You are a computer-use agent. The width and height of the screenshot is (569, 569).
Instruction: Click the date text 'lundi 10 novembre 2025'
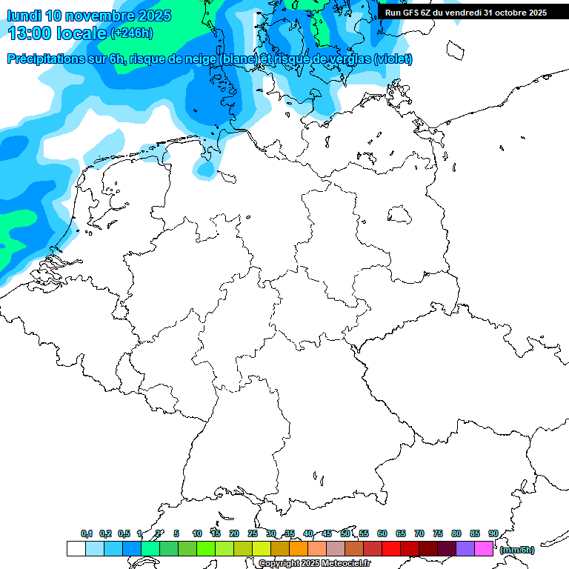[x=89, y=16]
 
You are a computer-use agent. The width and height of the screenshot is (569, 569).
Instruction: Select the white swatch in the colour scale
[x=76, y=548]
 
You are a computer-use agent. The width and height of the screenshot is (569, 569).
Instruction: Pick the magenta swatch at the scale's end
[x=483, y=548]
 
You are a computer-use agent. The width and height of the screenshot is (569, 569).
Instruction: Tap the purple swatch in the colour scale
[x=465, y=548]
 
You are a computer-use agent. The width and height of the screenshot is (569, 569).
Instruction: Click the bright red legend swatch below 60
[x=390, y=548]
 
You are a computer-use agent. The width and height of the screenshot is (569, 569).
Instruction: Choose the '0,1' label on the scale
[x=86, y=534]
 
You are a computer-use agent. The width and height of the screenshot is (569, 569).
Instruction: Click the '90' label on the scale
[x=493, y=534]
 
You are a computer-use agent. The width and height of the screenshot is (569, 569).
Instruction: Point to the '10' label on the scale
[x=196, y=534]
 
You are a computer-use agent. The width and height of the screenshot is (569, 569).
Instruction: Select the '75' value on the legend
[x=437, y=534]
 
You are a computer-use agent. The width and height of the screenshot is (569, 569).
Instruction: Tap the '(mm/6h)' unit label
[x=516, y=550]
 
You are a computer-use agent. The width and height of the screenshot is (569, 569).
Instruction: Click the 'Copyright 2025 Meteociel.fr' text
[x=314, y=564]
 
